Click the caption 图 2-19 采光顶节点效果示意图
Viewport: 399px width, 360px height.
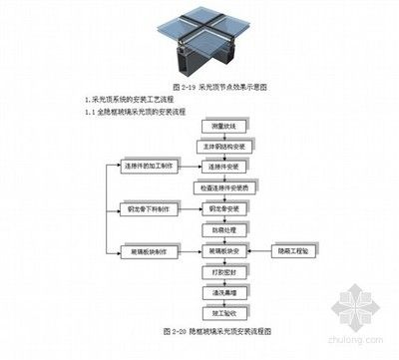199,88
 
